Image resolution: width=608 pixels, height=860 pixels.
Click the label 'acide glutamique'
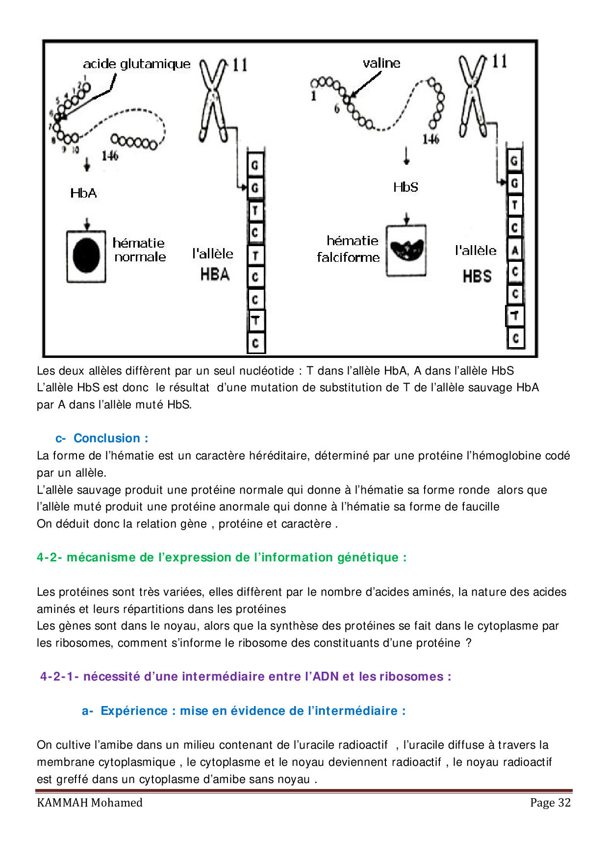click(x=136, y=64)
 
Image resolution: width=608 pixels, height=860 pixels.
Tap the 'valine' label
click(x=381, y=63)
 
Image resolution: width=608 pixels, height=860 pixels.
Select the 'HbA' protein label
click(x=83, y=193)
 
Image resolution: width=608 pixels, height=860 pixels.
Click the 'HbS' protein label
click(x=405, y=187)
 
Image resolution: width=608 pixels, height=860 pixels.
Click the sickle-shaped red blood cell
click(x=406, y=250)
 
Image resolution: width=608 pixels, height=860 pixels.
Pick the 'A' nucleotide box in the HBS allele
click(x=514, y=251)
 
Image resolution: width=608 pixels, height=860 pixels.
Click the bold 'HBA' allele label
click(x=215, y=274)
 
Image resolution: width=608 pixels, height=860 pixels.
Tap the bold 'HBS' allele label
click(x=477, y=277)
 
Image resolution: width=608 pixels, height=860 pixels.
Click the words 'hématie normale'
click(x=139, y=250)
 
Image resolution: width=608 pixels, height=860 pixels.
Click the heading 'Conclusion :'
click(x=111, y=438)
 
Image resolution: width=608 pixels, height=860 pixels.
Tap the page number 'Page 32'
click(x=550, y=803)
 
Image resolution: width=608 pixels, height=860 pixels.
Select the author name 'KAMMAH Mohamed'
click(x=90, y=803)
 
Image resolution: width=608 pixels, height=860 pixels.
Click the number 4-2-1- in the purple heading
click(x=59, y=677)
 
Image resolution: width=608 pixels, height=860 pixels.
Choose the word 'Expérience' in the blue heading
click(x=134, y=711)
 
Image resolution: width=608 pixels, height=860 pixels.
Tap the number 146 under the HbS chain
click(x=431, y=139)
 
